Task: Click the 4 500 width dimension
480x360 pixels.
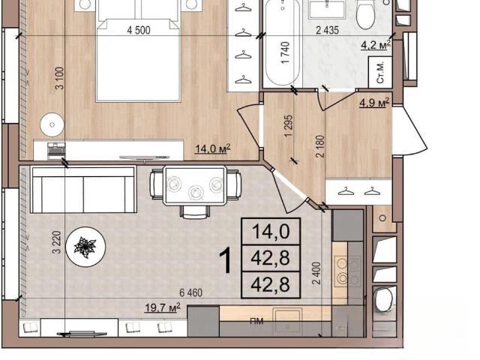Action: [139, 30]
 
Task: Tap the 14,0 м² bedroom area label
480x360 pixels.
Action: [213, 148]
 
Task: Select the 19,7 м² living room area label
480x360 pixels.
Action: [162, 307]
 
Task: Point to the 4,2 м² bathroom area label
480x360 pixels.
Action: [376, 45]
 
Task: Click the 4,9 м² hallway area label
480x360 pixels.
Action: [374, 103]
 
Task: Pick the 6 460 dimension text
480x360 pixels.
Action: [190, 293]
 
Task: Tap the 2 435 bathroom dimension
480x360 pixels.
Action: [327, 30]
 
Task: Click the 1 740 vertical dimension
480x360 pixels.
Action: [285, 52]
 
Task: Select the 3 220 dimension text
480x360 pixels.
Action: [57, 242]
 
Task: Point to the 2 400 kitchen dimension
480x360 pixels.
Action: [316, 273]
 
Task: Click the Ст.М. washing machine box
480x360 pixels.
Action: [380, 72]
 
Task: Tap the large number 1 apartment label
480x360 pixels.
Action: [227, 260]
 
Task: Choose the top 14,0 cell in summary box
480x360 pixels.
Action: [271, 232]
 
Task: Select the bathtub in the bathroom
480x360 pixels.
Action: [282, 42]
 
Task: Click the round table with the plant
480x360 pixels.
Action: [86, 247]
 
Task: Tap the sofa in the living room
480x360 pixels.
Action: [83, 190]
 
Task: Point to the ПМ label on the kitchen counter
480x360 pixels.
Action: [256, 321]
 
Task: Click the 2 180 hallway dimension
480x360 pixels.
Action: [320, 146]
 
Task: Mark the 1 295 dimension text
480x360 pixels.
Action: [289, 126]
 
